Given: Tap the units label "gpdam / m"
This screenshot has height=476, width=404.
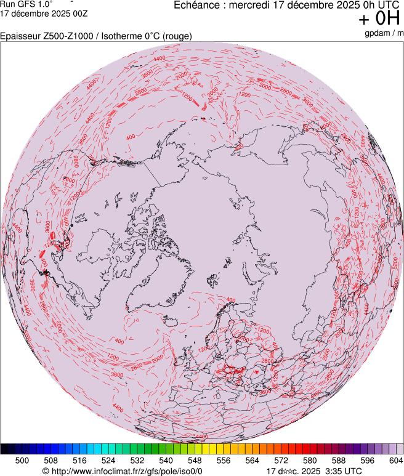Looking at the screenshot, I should pos(384,33).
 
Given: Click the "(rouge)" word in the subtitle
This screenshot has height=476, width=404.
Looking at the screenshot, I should pos(176,36).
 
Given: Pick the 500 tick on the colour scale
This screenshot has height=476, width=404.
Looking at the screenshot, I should pos(22,460).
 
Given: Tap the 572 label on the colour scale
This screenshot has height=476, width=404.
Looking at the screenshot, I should pos(281,460).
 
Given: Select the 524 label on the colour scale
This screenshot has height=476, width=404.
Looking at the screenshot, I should pos(108,460).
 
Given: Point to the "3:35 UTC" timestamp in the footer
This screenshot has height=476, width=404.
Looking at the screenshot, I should pos(343,471).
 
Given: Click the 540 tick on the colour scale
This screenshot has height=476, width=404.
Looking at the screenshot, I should pos(166,460).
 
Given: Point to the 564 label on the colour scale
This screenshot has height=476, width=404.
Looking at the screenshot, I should pos(252,460).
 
